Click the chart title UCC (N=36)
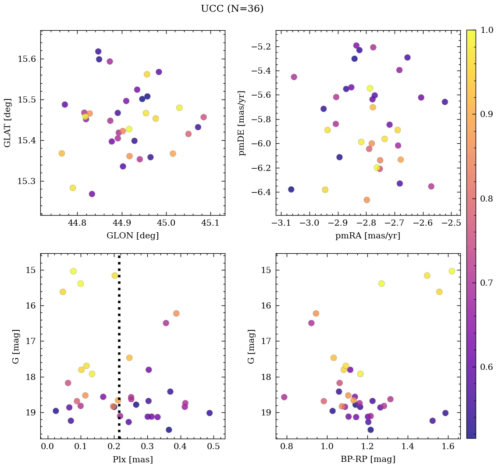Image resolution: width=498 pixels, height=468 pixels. [232, 9]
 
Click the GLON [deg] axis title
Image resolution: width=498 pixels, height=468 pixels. [132, 236]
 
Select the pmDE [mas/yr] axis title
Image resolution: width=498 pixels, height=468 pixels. [242, 123]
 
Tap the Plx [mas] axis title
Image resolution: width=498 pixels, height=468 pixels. [132, 460]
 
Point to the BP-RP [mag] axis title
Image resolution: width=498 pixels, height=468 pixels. [368, 460]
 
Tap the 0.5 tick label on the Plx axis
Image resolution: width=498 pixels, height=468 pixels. [213, 447]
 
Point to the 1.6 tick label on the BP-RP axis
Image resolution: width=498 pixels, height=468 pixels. [448, 447]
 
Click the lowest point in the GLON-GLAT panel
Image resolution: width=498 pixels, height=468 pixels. [92, 194]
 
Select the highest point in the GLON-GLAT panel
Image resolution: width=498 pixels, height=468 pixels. [98, 52]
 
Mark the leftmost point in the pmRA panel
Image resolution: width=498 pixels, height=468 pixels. [291, 189]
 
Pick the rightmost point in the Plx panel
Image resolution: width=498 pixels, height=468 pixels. [210, 413]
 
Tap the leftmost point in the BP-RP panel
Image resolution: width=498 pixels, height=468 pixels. [284, 397]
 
